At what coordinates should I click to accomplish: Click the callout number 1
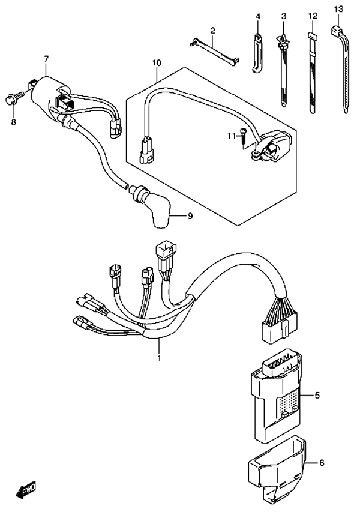pos(159,358)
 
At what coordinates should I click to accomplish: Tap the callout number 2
pos(212,31)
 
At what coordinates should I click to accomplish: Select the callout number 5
pos(317,395)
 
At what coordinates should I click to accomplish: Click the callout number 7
pos(46,59)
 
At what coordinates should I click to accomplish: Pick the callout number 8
pos(13,122)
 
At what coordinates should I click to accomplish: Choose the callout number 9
pos(190,216)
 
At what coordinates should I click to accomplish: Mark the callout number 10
pos(157,62)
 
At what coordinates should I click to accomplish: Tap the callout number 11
pos(232,136)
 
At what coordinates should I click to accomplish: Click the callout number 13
pos(338,9)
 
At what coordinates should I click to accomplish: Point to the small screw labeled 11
pos(242,136)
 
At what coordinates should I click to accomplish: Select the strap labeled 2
pos(214,50)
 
